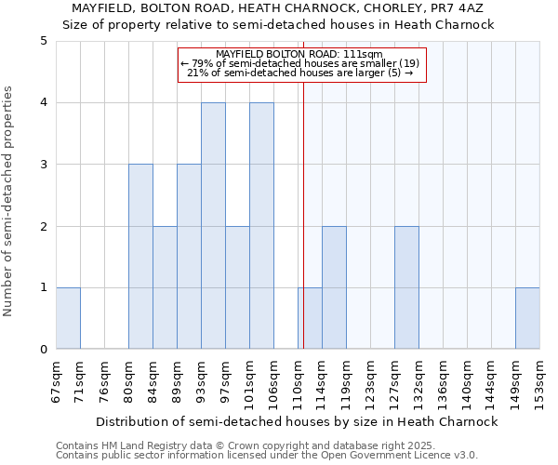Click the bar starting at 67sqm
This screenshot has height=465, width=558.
[x=68, y=318]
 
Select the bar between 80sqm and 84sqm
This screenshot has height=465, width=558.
[x=140, y=257]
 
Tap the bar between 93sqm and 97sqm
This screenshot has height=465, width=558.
[x=213, y=226]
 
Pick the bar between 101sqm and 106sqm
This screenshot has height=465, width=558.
[x=261, y=226]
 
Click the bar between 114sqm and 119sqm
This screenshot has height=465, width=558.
[x=334, y=287]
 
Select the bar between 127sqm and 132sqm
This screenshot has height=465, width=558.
[x=406, y=287]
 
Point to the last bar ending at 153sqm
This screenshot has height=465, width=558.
[x=527, y=318]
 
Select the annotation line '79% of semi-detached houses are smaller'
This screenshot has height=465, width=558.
[x=301, y=63]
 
